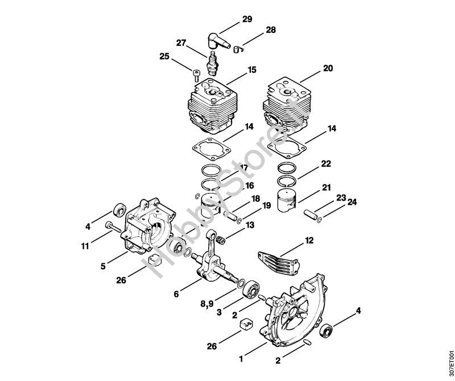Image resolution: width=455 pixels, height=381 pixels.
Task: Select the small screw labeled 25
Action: [196, 76]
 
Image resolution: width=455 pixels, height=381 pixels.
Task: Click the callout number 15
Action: [251, 70]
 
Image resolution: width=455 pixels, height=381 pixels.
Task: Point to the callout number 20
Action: [328, 68]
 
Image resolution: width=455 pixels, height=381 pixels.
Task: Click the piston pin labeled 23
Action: [311, 215]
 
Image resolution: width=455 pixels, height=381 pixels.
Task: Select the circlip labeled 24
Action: [319, 221]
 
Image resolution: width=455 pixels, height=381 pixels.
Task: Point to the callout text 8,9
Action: [207, 303]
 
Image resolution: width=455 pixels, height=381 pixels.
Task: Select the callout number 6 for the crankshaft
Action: [176, 294]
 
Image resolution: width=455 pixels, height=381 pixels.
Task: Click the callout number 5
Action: [103, 266]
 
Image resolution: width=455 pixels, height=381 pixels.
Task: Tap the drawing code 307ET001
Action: [450, 362]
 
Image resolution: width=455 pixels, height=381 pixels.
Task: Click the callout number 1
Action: [241, 359]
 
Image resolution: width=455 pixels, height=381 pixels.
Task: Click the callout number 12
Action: [309, 240]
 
